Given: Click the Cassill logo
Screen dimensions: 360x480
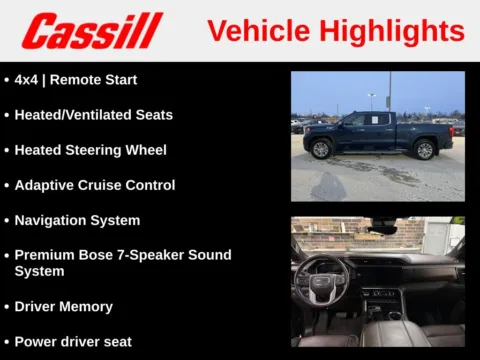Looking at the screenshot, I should tap(92, 30).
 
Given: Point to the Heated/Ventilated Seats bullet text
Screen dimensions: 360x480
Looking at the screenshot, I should tap(93, 115).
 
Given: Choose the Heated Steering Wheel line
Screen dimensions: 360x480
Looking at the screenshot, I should tap(90, 150).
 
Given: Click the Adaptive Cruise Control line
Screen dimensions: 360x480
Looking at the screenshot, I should tap(94, 185).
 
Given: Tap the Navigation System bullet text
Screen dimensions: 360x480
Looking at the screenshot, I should tap(77, 220).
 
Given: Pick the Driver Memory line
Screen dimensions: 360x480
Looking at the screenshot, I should tap(63, 307).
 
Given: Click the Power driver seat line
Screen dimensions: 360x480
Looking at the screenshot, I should tap(73, 342).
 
